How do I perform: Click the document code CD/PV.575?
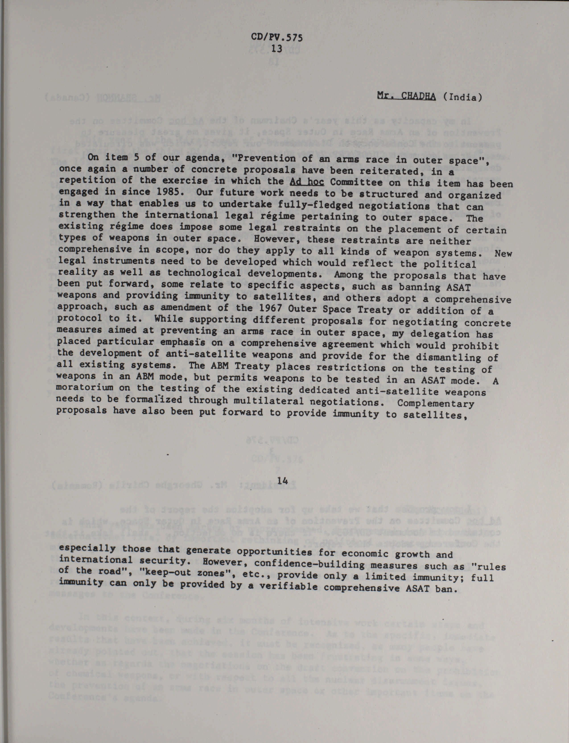pyautogui.click(x=277, y=37)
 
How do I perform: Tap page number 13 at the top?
pyautogui.click(x=277, y=48)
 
